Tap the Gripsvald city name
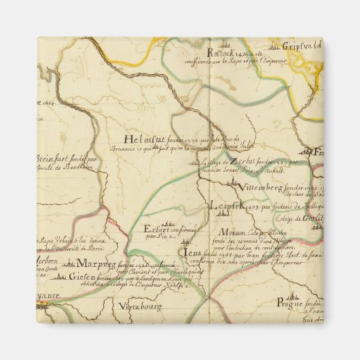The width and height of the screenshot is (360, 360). (x=301, y=48)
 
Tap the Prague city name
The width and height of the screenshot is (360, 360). (x=293, y=304)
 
